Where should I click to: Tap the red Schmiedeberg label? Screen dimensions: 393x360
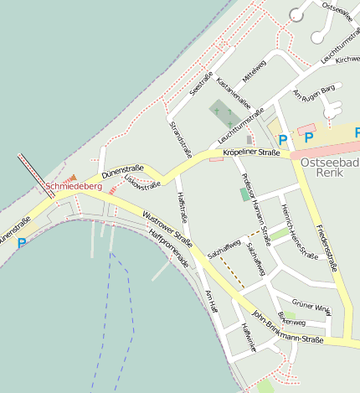pos(74,186)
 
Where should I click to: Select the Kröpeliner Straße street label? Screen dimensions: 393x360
pos(251,153)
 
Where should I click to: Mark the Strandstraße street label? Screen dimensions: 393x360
pos(181,139)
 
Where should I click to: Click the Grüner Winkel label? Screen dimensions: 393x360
pos(311,307)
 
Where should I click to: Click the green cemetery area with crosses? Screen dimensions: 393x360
pos(222,112)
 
